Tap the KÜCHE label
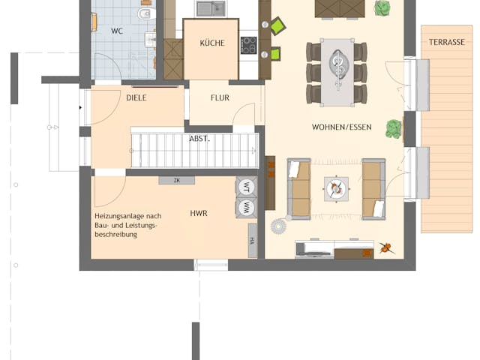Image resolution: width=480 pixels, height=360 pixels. (x=211, y=43)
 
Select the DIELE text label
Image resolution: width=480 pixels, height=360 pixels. (x=136, y=98)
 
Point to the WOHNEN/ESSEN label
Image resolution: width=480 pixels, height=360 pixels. (x=341, y=127)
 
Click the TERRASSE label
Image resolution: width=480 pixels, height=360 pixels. (x=446, y=43)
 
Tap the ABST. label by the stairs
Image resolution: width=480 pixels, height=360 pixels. (x=199, y=139)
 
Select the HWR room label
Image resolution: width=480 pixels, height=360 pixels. (x=199, y=214)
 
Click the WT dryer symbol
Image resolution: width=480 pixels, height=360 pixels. (x=245, y=187)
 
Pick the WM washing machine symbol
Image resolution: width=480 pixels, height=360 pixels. (x=245, y=207)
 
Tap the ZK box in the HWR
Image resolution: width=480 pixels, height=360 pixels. (x=177, y=181)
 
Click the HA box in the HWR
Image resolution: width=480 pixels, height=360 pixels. (x=252, y=241)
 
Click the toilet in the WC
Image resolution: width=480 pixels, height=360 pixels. (x=145, y=14)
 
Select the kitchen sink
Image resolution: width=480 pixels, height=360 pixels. (x=211, y=9)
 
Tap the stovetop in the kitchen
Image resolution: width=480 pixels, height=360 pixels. (x=248, y=45)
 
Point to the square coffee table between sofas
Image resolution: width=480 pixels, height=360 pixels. (x=335, y=188)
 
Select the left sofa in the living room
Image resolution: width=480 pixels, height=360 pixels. (x=299, y=188)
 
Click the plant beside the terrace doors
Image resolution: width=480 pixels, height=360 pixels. (x=394, y=129)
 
